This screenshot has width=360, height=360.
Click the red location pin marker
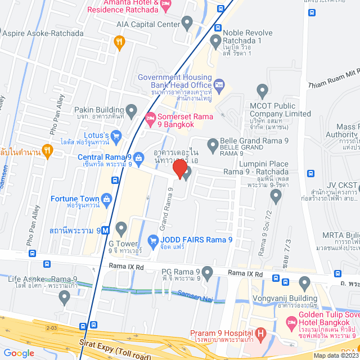coord(179,168)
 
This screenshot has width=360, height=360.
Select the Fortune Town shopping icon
coord(106,199)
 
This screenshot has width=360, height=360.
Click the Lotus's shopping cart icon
coord(116,135)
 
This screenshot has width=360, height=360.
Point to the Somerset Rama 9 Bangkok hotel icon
coord(150,118)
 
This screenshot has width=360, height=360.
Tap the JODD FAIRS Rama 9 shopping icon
coord(152,239)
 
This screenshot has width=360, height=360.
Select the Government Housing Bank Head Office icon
coord(219,84)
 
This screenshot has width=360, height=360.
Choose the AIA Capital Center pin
coord(188,24)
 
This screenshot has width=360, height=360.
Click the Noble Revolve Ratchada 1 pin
coord(215,40)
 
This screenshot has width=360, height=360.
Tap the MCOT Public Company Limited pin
coord(262,90)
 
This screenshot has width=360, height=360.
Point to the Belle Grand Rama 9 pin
coord(213,146)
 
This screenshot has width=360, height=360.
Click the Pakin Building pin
coord(132,110)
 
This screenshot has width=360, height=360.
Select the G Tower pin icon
coord(121,228)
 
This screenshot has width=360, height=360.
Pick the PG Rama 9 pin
coord(208,274)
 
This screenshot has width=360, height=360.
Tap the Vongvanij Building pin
coord(305,282)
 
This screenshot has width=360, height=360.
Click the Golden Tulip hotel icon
coord(291,322)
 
